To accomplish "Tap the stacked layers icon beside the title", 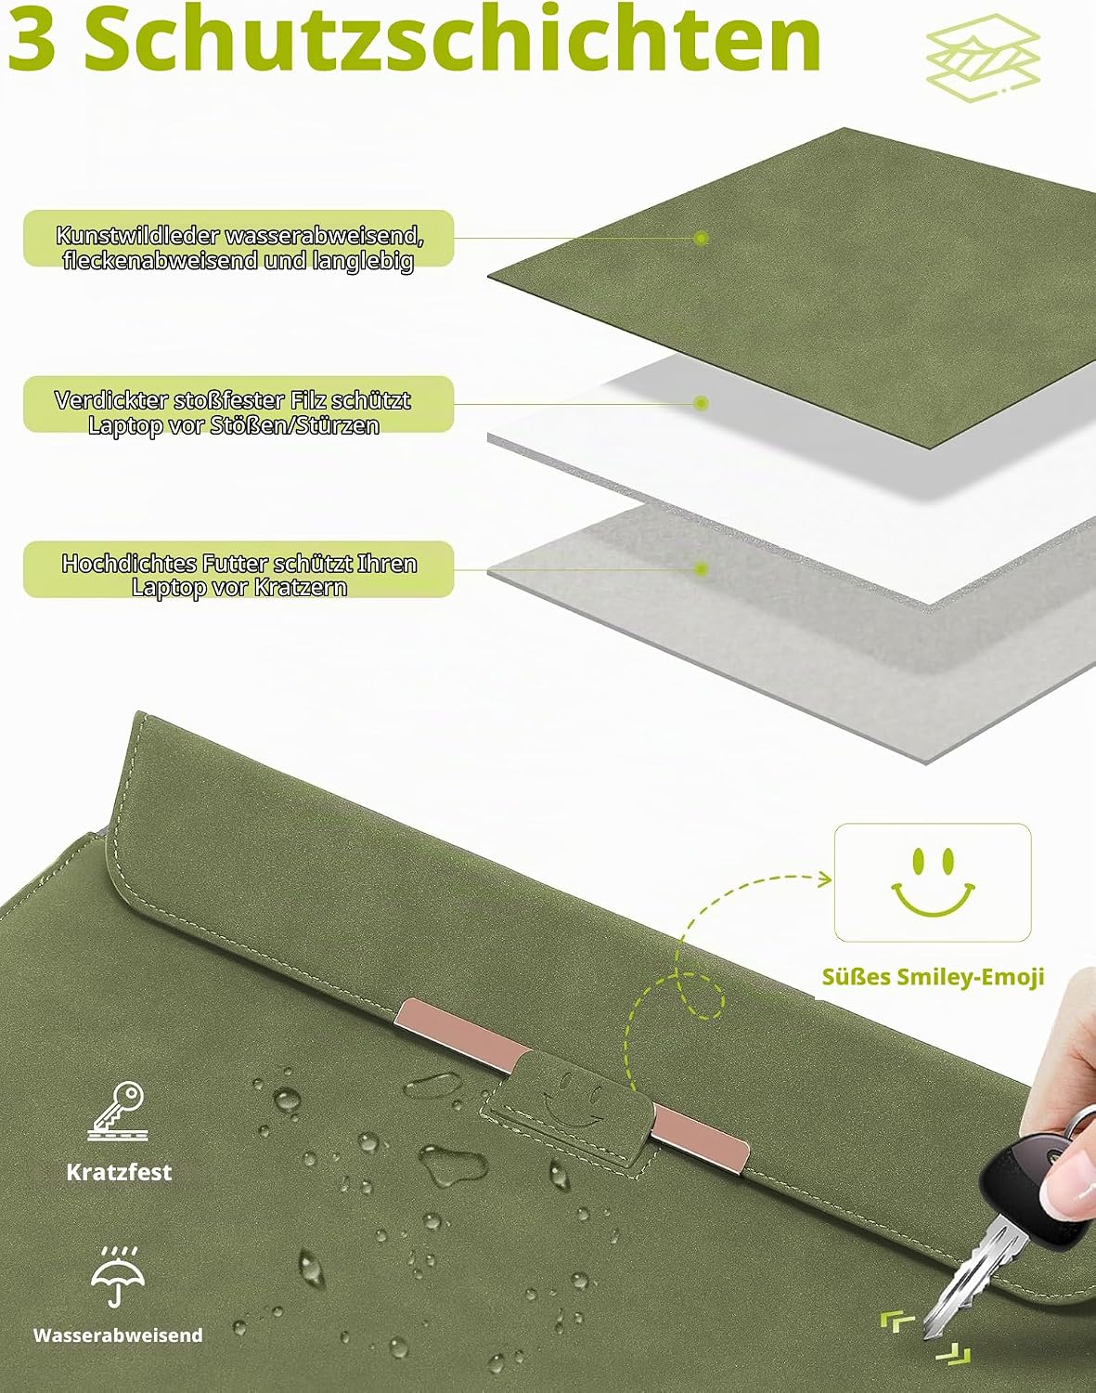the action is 983,59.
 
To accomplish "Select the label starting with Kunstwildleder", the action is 239,247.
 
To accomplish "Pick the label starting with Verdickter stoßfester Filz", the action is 239,412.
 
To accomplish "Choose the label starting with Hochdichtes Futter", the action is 239,576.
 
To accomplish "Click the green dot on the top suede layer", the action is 701,239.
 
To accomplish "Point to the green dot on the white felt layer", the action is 701,403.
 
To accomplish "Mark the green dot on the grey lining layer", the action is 701,569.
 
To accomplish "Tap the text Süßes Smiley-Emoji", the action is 933,977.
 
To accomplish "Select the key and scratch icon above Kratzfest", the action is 119,1112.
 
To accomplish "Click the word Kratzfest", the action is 119,1172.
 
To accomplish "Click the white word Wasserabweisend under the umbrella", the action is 118,1335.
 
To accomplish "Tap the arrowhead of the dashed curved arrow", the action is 826,879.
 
